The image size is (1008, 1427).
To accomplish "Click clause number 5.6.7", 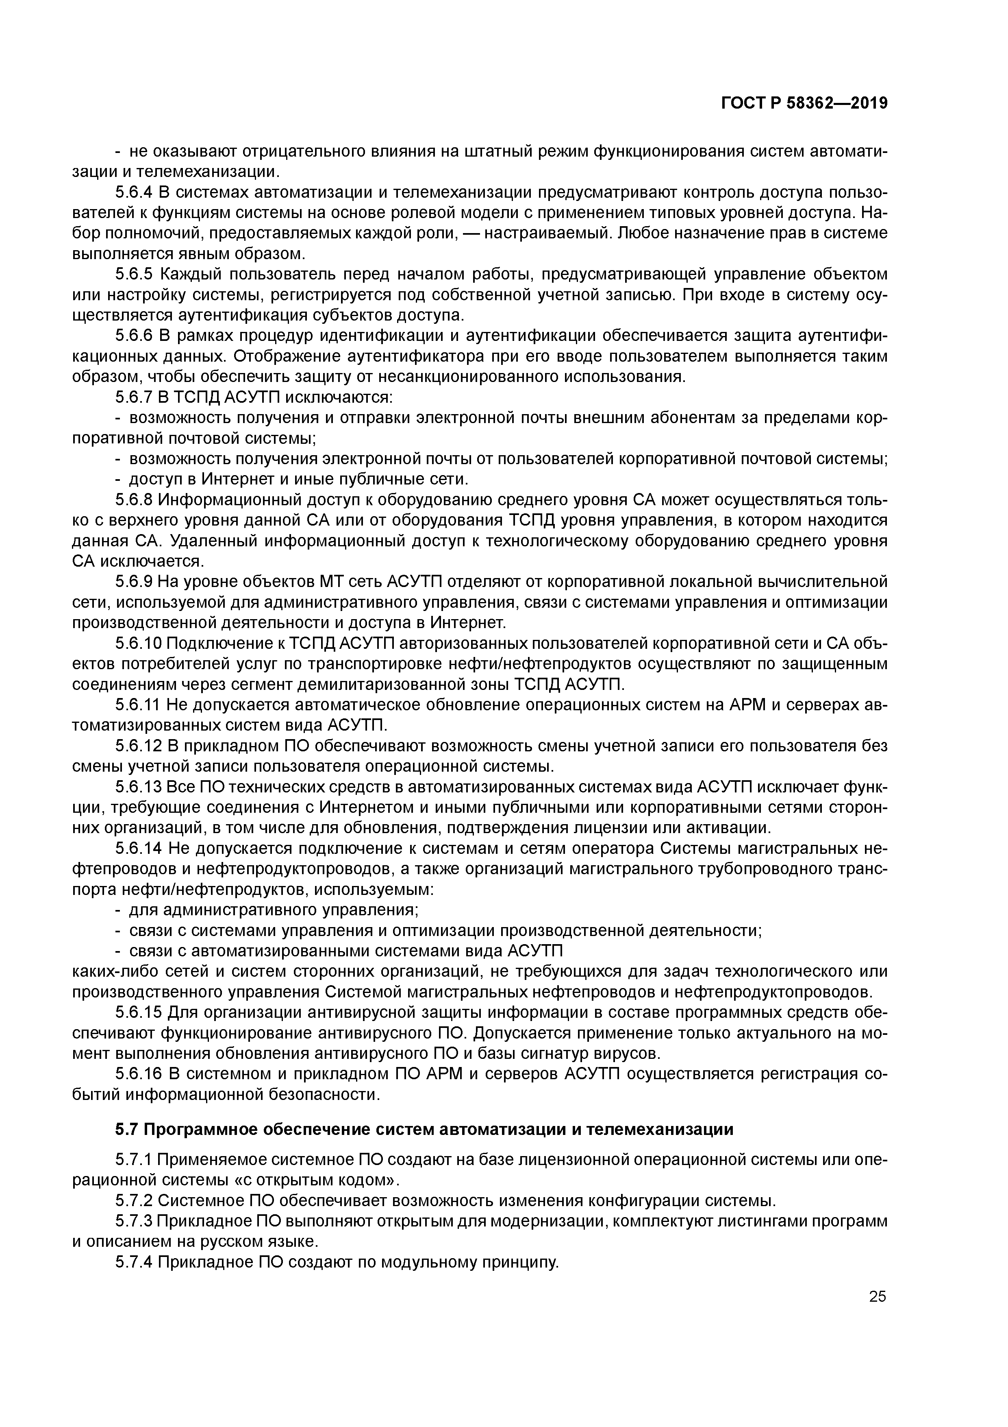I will coord(135,397).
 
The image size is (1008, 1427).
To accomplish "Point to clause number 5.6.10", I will coord(139,643).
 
